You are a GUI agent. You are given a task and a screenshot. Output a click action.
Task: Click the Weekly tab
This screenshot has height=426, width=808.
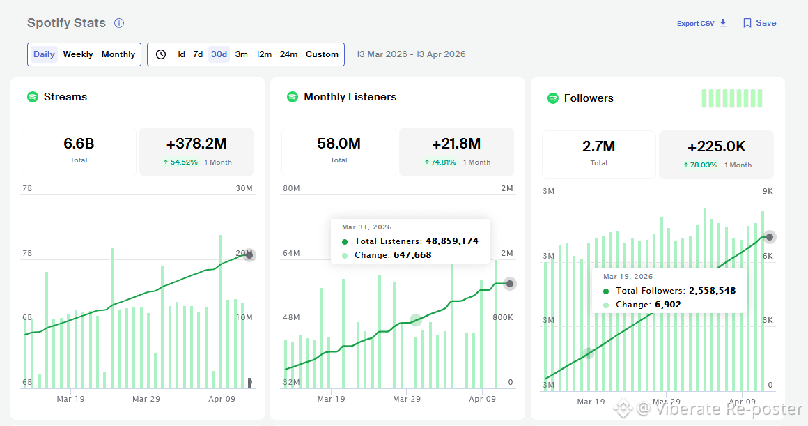click(x=78, y=54)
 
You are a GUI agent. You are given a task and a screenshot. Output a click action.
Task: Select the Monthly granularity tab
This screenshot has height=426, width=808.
click(x=118, y=54)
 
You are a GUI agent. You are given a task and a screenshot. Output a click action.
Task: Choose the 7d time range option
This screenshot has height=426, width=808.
click(x=198, y=54)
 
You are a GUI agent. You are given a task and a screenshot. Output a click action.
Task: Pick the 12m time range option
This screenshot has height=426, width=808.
click(x=263, y=54)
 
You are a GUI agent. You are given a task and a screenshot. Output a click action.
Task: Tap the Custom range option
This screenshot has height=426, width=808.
click(x=322, y=54)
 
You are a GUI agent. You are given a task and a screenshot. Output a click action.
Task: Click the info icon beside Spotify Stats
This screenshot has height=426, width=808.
click(x=119, y=23)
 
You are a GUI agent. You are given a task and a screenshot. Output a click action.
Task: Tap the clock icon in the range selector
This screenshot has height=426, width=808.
click(x=161, y=54)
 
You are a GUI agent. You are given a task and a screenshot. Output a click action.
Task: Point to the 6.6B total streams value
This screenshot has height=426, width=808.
click(x=79, y=144)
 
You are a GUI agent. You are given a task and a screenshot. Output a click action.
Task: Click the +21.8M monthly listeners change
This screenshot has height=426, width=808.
click(x=456, y=144)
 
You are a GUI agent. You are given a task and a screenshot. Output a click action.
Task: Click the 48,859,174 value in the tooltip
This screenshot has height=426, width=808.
click(x=452, y=241)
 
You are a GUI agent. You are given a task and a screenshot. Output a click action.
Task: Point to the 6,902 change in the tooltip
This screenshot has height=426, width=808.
click(x=668, y=304)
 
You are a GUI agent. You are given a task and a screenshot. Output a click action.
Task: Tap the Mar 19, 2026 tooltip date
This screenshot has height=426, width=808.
click(x=628, y=276)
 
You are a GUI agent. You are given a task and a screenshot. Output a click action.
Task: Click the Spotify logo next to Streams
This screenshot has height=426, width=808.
click(x=33, y=96)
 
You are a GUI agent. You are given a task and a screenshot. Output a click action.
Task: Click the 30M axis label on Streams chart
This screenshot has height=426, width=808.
click(x=244, y=188)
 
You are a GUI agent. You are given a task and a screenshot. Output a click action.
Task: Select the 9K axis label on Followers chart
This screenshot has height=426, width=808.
click(x=768, y=191)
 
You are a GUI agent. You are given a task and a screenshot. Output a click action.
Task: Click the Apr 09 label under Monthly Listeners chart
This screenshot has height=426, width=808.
click(x=482, y=399)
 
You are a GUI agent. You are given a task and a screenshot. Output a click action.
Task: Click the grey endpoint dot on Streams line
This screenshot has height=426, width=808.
click(x=249, y=254)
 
